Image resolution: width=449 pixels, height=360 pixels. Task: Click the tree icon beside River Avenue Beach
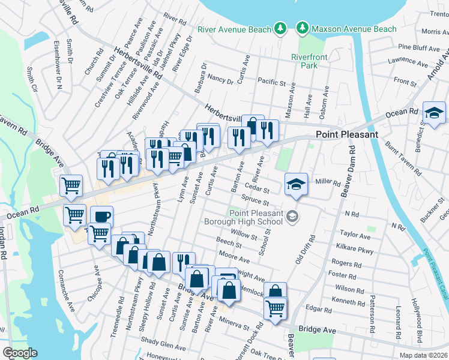(x=279, y=28)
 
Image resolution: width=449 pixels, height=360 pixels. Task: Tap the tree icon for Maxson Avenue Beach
(x=302, y=28)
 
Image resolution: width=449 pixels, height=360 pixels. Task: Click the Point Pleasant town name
(x=347, y=134)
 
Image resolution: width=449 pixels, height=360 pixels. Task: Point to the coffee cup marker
(x=101, y=216)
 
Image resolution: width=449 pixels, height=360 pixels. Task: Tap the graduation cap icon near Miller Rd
(x=296, y=184)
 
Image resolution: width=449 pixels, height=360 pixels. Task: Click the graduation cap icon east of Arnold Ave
(x=434, y=112)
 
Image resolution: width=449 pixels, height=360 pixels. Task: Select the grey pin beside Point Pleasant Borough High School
(x=292, y=216)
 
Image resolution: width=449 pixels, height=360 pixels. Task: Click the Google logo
(x=20, y=352)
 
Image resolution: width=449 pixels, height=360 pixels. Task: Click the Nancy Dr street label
(x=220, y=79)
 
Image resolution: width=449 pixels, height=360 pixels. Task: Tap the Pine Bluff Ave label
(x=419, y=47)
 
